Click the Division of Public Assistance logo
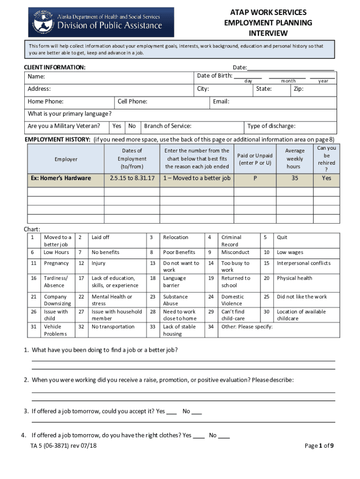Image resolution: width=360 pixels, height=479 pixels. pos(101,22)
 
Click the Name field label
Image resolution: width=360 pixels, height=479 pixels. pos(36,76)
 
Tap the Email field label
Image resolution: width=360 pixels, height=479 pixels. pos(221,102)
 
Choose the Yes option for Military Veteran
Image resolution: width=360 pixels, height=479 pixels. pos(117,126)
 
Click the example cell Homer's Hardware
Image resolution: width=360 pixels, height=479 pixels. pos(61,178)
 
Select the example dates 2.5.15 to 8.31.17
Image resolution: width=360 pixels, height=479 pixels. pos(132,178)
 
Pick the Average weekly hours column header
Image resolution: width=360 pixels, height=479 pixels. pos(294,159)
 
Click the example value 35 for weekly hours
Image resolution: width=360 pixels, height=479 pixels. pos(294,178)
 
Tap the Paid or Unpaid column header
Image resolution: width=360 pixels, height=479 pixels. pos(255,159)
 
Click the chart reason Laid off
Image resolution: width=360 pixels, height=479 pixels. pos(100,237)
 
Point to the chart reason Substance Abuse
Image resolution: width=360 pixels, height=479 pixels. pos(175,300)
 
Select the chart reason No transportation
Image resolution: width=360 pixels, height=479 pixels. pos(113,327)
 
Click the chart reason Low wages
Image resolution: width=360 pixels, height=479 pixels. pos(290,252)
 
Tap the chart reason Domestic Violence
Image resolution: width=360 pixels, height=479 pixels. pos(232,300)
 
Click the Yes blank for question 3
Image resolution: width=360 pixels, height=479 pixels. pos(171,412)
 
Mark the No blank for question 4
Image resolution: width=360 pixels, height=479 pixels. pos(224,435)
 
